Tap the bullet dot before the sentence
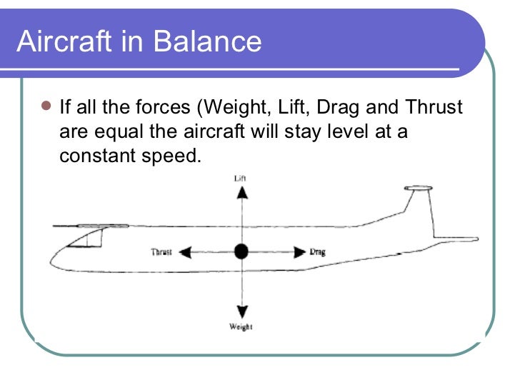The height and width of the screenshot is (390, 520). (x=46, y=107)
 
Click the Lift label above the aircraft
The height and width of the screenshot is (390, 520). (x=241, y=177)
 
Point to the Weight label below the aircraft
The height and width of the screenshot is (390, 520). (x=241, y=327)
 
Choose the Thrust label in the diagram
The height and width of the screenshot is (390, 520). (x=161, y=252)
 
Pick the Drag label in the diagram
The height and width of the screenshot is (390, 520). (x=318, y=252)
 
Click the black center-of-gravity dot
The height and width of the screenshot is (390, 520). (x=241, y=251)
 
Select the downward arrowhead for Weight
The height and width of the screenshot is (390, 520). (x=242, y=311)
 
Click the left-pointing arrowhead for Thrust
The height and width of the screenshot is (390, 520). (x=185, y=251)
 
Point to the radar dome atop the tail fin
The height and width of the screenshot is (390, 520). (x=418, y=189)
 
